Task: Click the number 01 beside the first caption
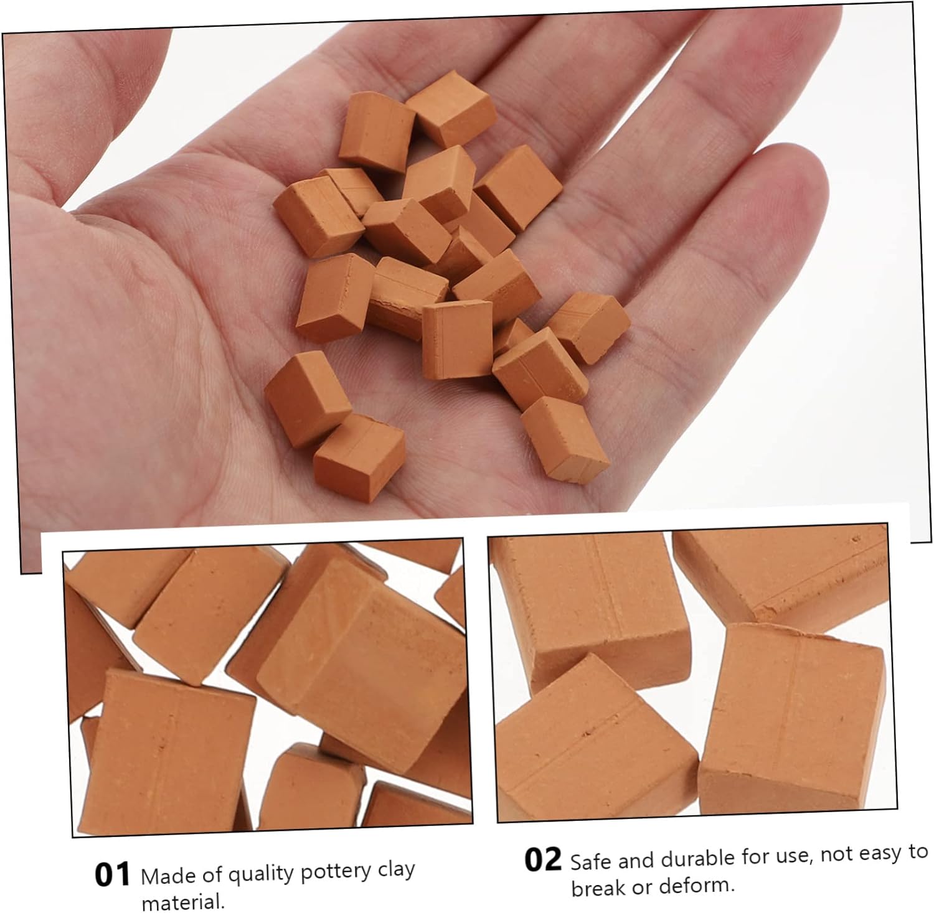pos(112,874)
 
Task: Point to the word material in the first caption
pos(182,901)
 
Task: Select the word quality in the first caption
pos(260,875)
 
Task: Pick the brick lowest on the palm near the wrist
pos(359,456)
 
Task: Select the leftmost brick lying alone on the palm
pos(308,399)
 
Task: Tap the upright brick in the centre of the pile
pos(458,340)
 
